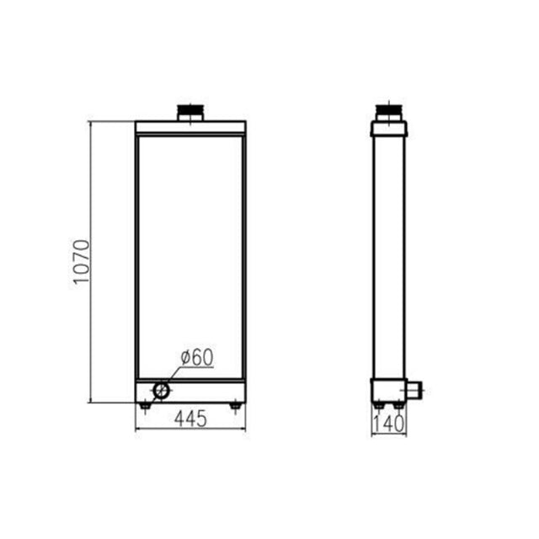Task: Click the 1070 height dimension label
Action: (x=81, y=262)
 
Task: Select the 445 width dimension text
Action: (x=190, y=419)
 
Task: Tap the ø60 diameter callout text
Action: (x=196, y=357)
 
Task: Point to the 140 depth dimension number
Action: (x=389, y=424)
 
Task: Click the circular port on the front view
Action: (x=160, y=390)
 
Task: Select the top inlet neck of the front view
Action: (x=189, y=112)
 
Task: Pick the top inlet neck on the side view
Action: (x=389, y=112)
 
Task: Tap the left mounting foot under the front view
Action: (x=145, y=407)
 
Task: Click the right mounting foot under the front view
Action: (x=235, y=407)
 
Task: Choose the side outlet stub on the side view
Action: (x=415, y=389)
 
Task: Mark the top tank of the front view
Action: (x=190, y=127)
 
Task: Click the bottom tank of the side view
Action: (x=388, y=391)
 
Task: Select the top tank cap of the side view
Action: (x=389, y=128)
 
